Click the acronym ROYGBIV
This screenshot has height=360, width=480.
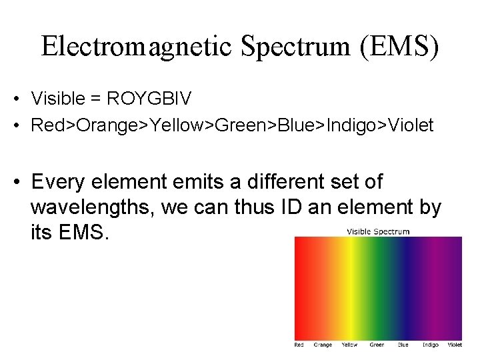click(x=149, y=99)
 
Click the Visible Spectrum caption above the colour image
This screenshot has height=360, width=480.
click(x=378, y=231)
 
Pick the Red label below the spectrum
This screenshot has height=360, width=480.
click(x=299, y=345)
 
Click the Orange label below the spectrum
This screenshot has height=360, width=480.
click(x=323, y=345)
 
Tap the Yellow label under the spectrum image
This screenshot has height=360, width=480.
click(x=349, y=345)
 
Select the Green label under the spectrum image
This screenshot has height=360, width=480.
click(x=377, y=345)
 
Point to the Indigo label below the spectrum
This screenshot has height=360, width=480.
click(x=431, y=345)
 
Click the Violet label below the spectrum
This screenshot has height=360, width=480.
click(x=455, y=345)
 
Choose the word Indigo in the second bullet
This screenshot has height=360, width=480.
click(x=363, y=125)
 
